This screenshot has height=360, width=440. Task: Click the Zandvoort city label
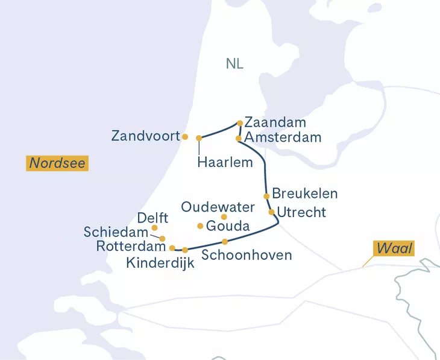pyautogui.click(x=145, y=136)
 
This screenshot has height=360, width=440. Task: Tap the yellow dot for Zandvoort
pyautogui.click(x=185, y=136)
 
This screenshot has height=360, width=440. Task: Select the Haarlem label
pyautogui.click(x=225, y=162)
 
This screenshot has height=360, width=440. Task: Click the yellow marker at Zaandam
pyautogui.click(x=240, y=123)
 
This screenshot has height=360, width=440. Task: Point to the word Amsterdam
pyautogui.click(x=283, y=137)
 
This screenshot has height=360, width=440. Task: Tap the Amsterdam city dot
pyautogui.click(x=239, y=138)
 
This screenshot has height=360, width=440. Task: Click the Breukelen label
pyautogui.click(x=304, y=194)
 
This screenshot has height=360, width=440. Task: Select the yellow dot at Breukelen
pyautogui.click(x=266, y=196)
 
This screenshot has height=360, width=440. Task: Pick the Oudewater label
pyautogui.click(x=218, y=207)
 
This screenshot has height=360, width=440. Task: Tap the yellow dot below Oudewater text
pyautogui.click(x=224, y=216)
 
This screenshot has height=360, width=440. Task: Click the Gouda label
pyautogui.click(x=228, y=226)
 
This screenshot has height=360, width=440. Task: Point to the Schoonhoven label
pyautogui.click(x=247, y=255)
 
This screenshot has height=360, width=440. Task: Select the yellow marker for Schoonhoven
pyautogui.click(x=225, y=242)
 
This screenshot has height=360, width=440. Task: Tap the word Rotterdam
pyautogui.click(x=131, y=247)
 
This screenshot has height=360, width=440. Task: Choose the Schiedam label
pyautogui.click(x=116, y=232)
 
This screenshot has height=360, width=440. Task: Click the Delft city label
pyautogui.click(x=152, y=217)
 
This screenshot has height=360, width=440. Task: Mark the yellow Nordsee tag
pyautogui.click(x=58, y=163)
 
